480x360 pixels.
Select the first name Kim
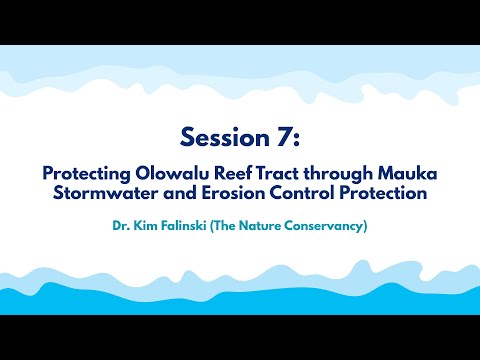pyautogui.click(x=147, y=227)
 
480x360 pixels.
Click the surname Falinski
pyautogui.click(x=189, y=227)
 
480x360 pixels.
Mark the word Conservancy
pyautogui.click(x=332, y=227)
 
